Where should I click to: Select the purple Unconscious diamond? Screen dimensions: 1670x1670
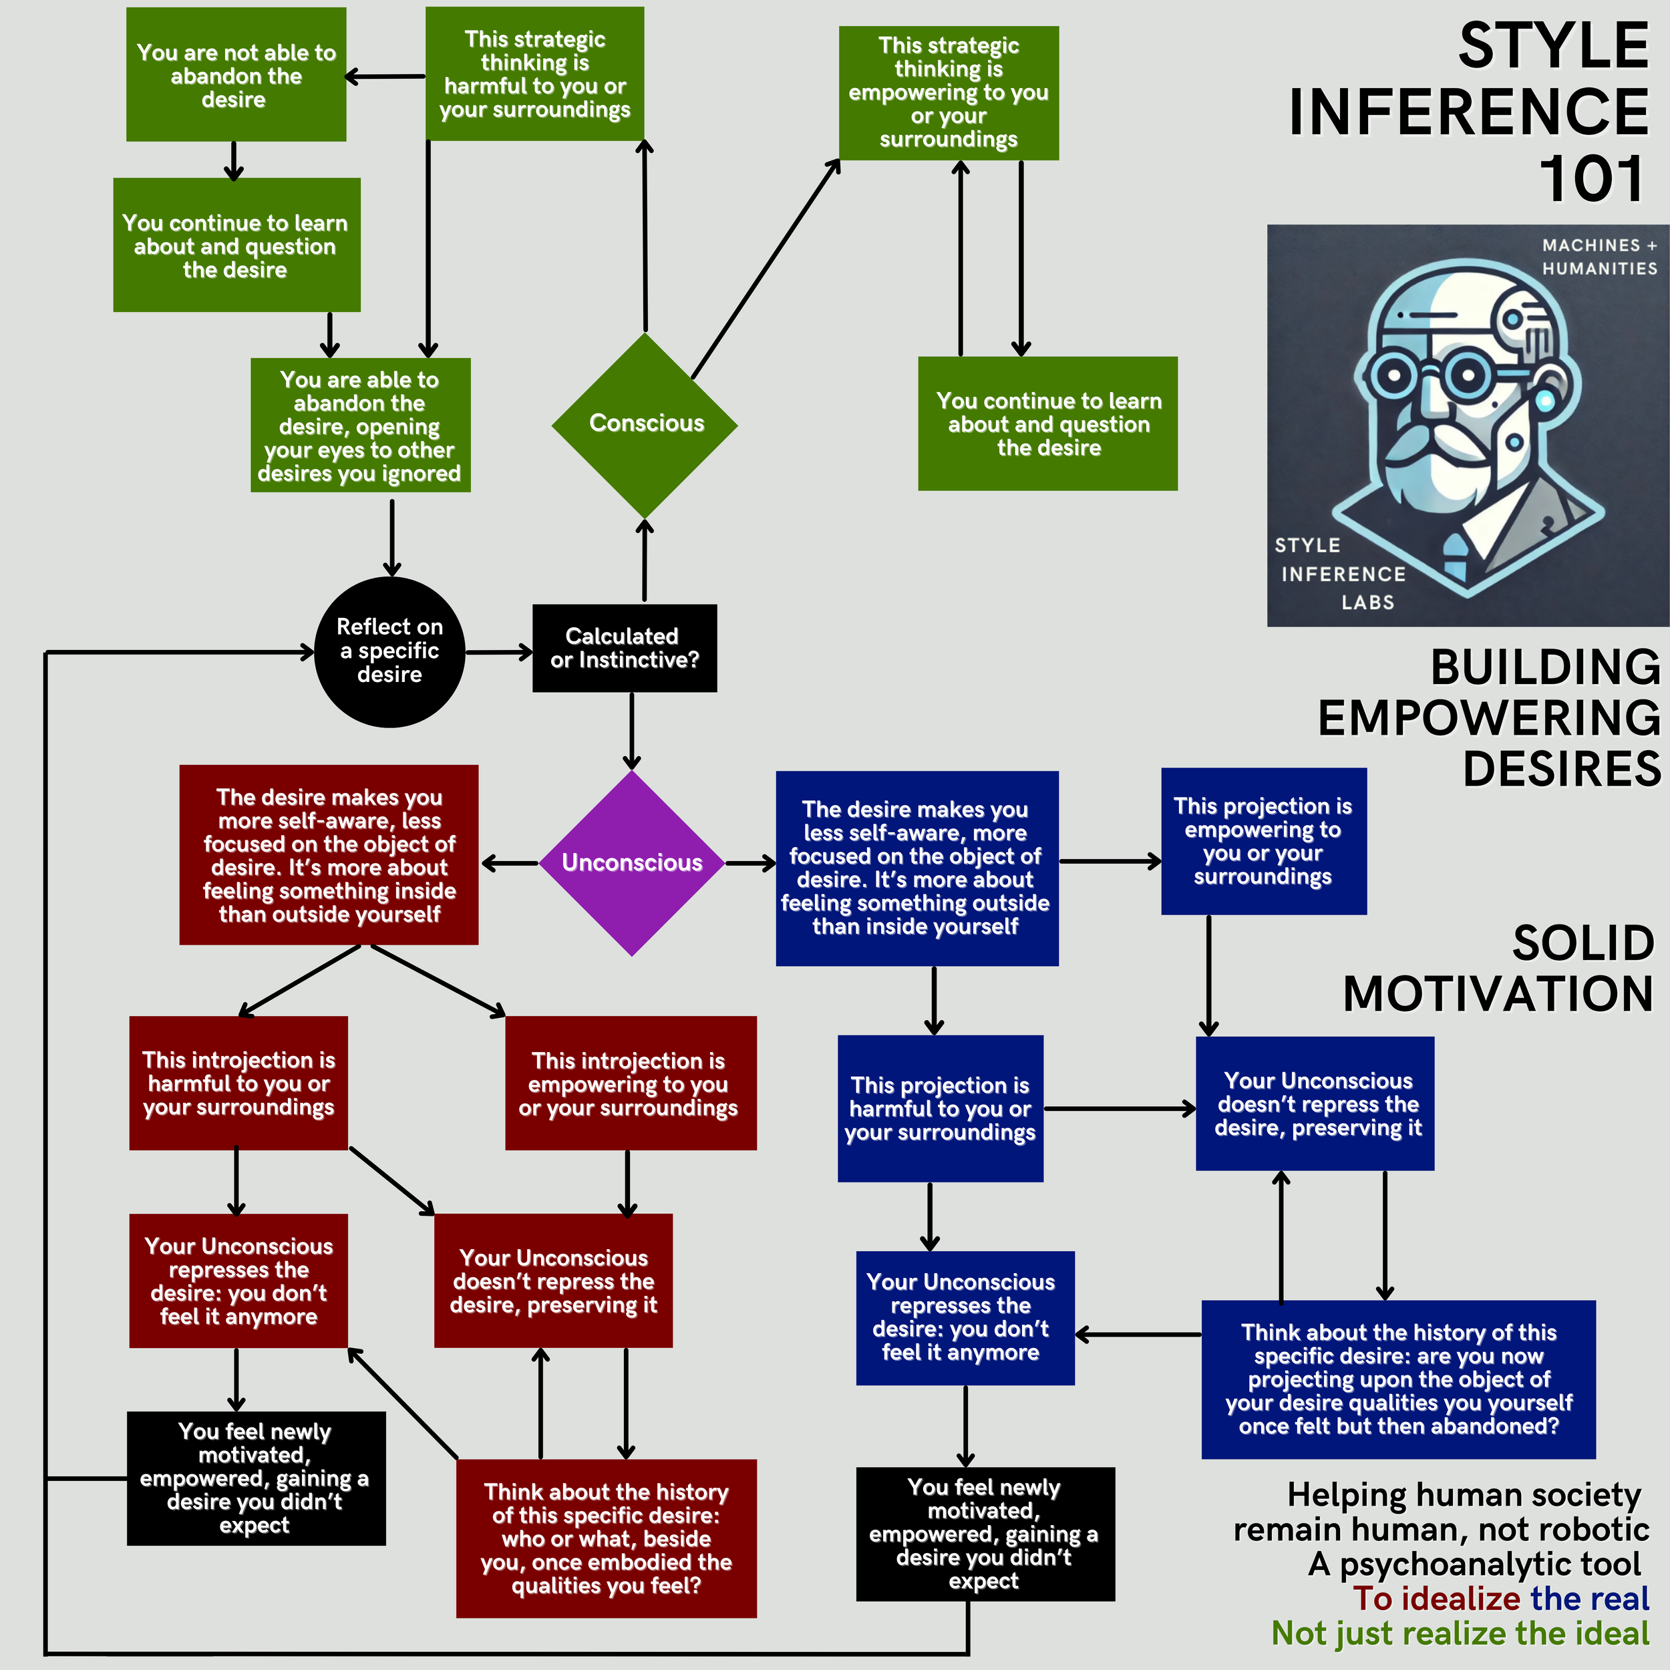pos(632,862)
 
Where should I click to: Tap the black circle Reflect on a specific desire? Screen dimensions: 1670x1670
pos(390,652)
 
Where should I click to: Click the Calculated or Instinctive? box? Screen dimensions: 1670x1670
pos(624,648)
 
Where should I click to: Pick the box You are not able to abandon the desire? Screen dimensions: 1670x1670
pos(236,75)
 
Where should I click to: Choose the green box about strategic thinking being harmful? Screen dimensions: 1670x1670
pos(535,74)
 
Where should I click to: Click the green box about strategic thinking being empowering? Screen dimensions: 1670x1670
pos(949,92)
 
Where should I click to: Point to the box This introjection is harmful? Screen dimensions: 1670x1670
pos(238,1083)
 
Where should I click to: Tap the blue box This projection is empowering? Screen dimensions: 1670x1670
pos(1263,841)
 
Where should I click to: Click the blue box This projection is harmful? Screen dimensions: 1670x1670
pos(940,1108)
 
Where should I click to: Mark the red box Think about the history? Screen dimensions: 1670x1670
pos(606,1538)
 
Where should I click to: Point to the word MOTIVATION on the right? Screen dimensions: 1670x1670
pos(1498,993)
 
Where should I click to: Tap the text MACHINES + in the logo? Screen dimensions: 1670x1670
pos(1599,245)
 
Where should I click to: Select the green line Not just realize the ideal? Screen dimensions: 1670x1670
pos(1460,1633)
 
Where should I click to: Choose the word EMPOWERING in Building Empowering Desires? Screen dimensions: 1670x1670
pos(1488,717)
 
